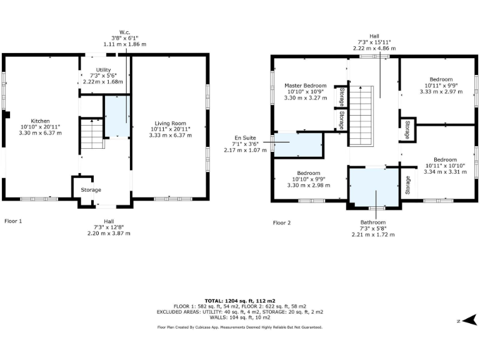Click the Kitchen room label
[40, 121]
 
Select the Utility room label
[103, 70]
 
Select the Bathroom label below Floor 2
[373, 222]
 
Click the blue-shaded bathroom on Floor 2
[374, 187]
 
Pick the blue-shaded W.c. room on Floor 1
[117, 116]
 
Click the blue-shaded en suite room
[297, 144]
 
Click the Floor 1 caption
[13, 221]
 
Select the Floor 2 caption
[282, 222]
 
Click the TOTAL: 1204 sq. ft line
[240, 301]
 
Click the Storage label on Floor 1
[91, 190]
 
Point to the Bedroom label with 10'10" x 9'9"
[309, 173]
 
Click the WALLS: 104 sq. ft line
[240, 317]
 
